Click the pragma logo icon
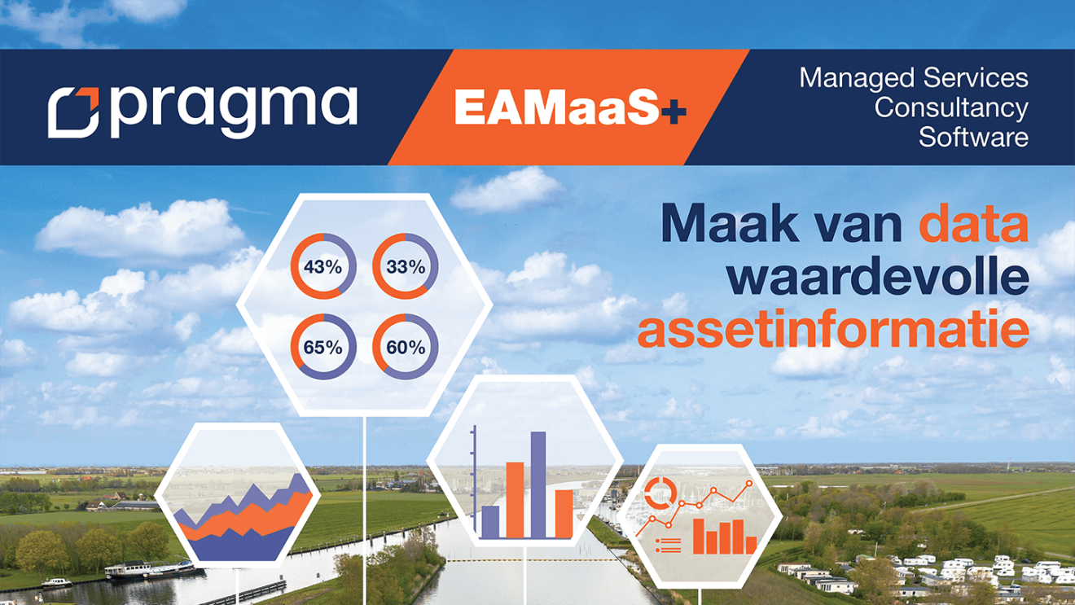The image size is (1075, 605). [72, 112]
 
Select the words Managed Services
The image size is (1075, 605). [913, 78]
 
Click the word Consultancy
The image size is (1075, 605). [951, 107]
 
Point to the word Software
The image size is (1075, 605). [973, 137]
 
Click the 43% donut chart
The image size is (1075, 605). [322, 266]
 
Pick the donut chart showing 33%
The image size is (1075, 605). [405, 266]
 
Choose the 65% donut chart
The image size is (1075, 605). [322, 347]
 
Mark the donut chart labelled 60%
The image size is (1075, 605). [405, 347]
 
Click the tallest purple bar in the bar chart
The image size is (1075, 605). [538, 484]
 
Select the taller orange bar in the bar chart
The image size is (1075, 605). [515, 499]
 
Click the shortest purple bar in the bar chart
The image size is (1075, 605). [490, 521]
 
